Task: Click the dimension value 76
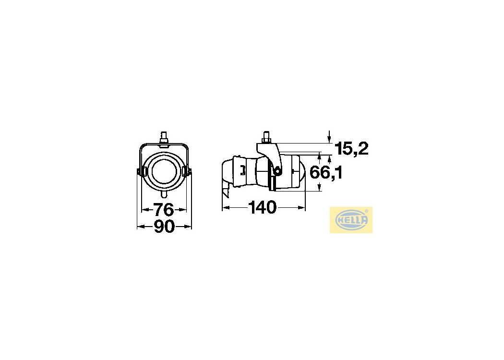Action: [164, 210]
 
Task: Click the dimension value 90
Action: [164, 227]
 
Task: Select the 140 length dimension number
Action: [262, 207]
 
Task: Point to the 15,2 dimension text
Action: [351, 148]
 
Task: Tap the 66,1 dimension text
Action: [326, 173]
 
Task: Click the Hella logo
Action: [351, 220]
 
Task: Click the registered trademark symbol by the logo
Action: [366, 211]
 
